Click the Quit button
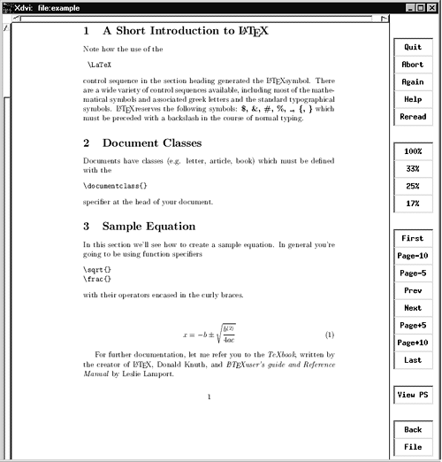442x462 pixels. coord(412,47)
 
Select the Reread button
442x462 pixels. coord(412,117)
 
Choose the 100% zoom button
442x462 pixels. coord(412,152)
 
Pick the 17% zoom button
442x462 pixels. coord(412,204)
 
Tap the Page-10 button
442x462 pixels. coord(412,256)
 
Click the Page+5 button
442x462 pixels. coord(412,325)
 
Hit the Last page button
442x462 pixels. coord(412,360)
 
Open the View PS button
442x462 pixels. coord(412,395)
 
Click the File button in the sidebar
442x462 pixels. coord(412,447)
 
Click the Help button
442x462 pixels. coord(412,99)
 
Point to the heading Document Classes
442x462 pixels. coord(152,142)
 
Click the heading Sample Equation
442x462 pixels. coord(149,227)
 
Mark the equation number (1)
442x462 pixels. coord(329,335)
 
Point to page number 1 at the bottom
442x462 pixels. coord(209,397)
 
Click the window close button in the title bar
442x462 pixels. coord(432,7)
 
